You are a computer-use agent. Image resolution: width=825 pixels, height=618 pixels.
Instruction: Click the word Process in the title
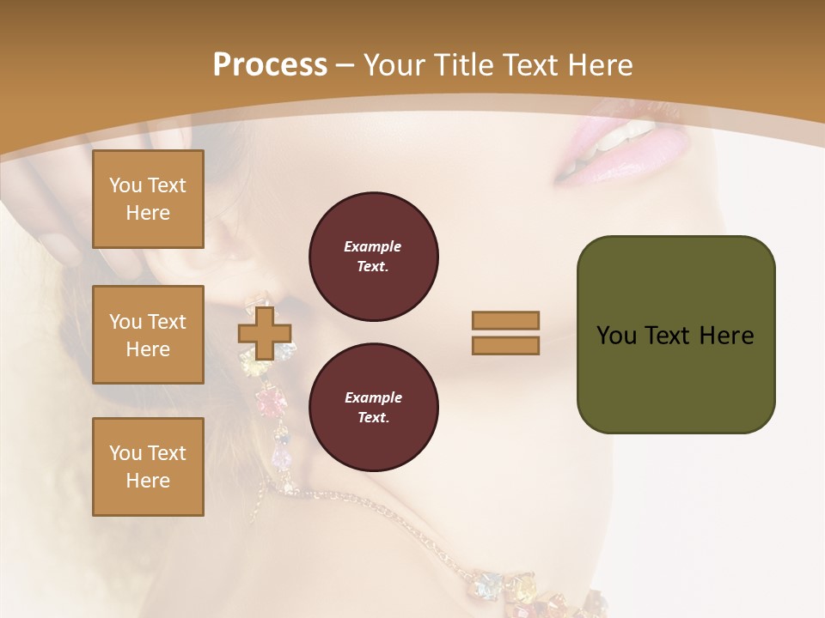[x=270, y=65]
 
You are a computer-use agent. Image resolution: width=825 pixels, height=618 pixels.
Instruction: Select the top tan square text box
[x=148, y=199]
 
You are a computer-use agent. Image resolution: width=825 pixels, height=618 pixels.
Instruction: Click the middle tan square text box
[x=148, y=335]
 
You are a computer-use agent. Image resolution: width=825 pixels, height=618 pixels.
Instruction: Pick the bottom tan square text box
[x=148, y=467]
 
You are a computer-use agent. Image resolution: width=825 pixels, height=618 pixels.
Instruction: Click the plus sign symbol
[x=264, y=334]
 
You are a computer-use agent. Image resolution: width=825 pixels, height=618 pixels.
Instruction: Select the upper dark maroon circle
[x=373, y=257]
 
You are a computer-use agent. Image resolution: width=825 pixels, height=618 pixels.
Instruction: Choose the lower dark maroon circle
[x=373, y=408]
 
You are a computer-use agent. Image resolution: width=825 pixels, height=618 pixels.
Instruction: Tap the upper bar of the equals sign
[x=505, y=320]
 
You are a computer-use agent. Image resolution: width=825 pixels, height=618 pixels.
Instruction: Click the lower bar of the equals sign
[x=505, y=345]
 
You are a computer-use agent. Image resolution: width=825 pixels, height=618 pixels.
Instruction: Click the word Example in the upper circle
[x=372, y=246]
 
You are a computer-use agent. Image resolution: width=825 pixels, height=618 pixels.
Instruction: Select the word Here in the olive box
[x=726, y=336]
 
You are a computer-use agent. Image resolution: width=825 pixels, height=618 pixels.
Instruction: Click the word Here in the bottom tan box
[x=148, y=481]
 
